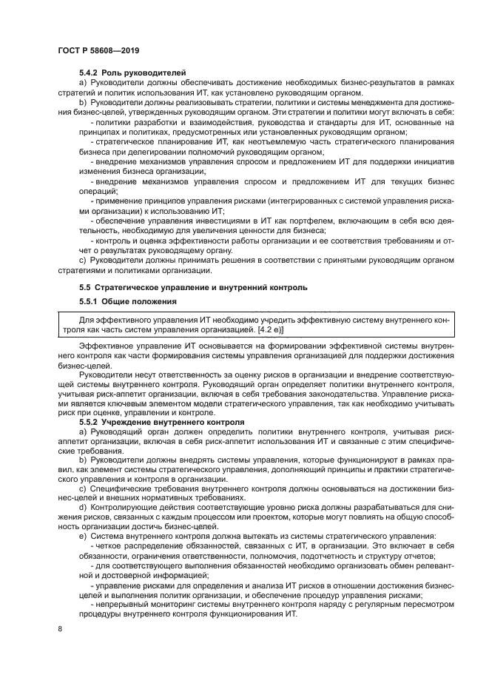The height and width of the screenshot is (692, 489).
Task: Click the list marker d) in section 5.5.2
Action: (x=82, y=508)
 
